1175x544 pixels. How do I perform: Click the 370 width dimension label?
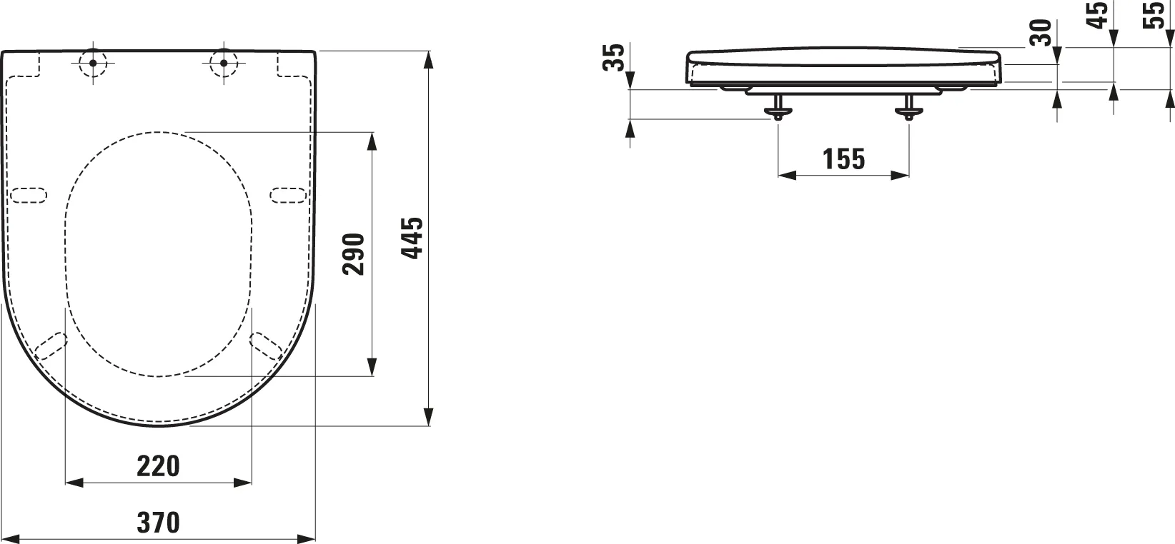[159, 523]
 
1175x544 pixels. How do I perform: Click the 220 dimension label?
[159, 466]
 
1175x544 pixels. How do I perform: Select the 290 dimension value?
[354, 254]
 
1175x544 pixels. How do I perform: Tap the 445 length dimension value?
[412, 238]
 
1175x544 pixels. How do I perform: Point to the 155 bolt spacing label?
[843, 158]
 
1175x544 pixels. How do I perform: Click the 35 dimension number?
[614, 57]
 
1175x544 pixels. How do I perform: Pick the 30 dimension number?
[1041, 32]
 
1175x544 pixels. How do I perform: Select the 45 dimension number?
[1097, 15]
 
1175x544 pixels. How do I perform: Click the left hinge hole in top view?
[93, 63]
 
